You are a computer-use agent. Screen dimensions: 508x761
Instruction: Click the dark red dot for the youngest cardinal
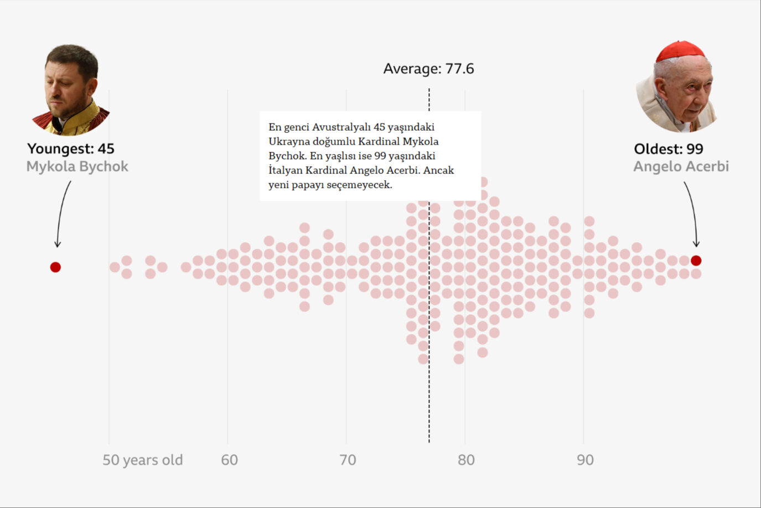pyautogui.click(x=55, y=267)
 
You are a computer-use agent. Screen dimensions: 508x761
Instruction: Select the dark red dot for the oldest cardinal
pyautogui.click(x=696, y=260)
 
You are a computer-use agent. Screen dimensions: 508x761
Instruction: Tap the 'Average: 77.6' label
pyautogui.click(x=428, y=69)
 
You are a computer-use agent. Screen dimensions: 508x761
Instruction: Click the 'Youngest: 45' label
pyautogui.click(x=71, y=148)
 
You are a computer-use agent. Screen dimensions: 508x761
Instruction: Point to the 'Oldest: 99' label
pyautogui.click(x=669, y=148)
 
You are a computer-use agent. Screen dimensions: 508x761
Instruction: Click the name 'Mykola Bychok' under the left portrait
pyautogui.click(x=77, y=166)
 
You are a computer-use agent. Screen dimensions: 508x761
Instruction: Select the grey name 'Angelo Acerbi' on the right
pyautogui.click(x=681, y=166)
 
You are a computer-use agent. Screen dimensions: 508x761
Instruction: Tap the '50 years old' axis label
pyautogui.click(x=142, y=460)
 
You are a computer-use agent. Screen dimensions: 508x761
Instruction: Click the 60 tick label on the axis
pyautogui.click(x=229, y=460)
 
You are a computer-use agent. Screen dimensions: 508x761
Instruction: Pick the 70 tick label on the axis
pyautogui.click(x=348, y=460)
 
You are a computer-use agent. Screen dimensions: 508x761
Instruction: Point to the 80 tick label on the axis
pyautogui.click(x=466, y=460)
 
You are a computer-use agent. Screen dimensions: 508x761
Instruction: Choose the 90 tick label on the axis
pyautogui.click(x=585, y=460)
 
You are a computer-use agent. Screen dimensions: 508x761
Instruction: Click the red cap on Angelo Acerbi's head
pyautogui.click(x=680, y=51)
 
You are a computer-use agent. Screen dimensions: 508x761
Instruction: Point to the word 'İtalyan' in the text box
pyautogui.click(x=285, y=170)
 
